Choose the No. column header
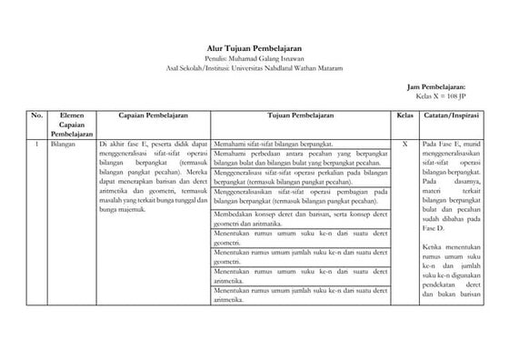point(36,117)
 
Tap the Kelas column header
point(404,117)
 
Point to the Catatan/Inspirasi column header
point(451,117)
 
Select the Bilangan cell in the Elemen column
point(65,144)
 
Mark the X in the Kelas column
point(404,144)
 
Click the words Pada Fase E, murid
point(451,144)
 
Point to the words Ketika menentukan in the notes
point(451,245)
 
